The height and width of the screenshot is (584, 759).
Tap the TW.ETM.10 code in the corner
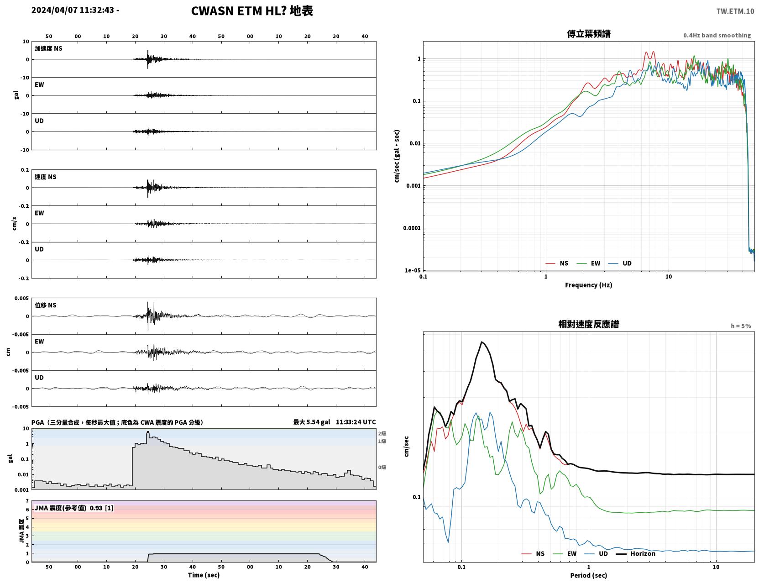click(735, 11)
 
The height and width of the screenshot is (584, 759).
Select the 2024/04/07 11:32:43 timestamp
click(73, 10)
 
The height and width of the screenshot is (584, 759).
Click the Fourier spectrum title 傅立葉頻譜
click(589, 34)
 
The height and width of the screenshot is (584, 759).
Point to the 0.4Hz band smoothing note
click(717, 35)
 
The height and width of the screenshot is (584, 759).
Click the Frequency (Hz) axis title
click(589, 285)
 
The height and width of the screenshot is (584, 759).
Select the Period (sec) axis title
click(589, 575)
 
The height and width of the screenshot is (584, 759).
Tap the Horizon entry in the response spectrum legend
click(643, 553)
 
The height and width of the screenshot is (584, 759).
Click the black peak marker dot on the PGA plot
click(148, 432)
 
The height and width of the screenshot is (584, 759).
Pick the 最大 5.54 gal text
click(312, 422)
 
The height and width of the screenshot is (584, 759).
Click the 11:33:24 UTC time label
click(356, 422)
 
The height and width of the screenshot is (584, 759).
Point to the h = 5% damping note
click(740, 326)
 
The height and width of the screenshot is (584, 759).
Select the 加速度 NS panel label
click(48, 48)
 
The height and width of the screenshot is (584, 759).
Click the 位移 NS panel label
click(45, 305)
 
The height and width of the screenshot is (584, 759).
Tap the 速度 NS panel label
click(45, 177)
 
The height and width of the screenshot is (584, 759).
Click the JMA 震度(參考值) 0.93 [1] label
click(73, 508)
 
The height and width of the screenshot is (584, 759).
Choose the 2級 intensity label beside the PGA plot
click(382, 433)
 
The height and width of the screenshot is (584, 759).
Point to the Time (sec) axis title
click(204, 575)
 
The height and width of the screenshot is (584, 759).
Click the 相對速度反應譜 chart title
click(589, 324)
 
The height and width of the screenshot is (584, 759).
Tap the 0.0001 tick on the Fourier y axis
click(412, 228)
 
